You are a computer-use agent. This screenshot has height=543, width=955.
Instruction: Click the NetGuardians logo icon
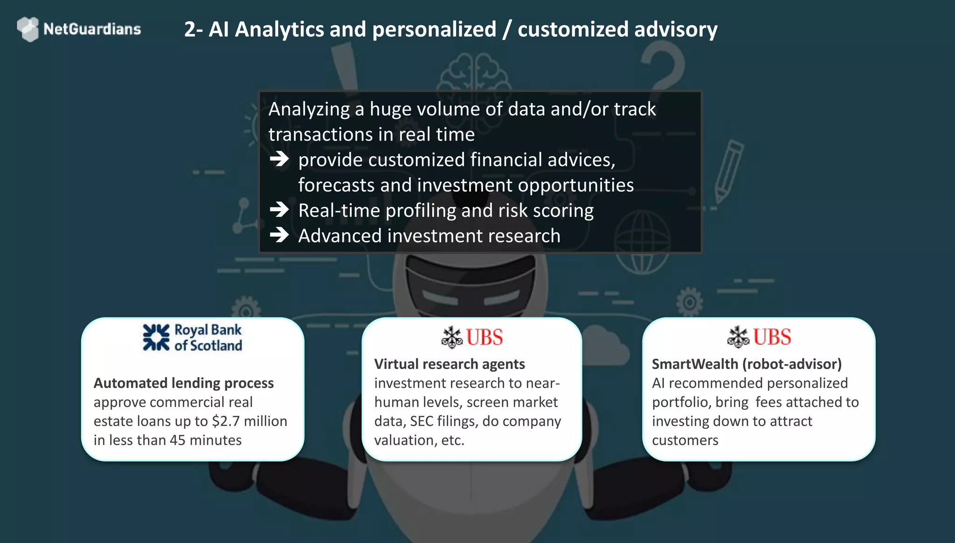pyautogui.click(x=28, y=29)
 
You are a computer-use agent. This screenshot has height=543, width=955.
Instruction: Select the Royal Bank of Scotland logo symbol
pyautogui.click(x=156, y=337)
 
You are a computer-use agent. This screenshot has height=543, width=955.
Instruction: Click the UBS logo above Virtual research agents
pyautogui.click(x=472, y=337)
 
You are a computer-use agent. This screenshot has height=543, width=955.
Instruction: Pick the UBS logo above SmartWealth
pyautogui.click(x=759, y=337)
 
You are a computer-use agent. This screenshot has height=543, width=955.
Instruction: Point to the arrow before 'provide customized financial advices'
pyautogui.click(x=279, y=159)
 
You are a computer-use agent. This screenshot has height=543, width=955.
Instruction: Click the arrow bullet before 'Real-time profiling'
pyautogui.click(x=279, y=210)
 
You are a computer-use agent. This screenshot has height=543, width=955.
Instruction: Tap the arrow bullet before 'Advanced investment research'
pyautogui.click(x=279, y=235)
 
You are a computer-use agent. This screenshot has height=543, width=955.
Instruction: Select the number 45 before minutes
pyautogui.click(x=178, y=440)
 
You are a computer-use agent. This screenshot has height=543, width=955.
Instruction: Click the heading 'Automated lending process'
pyautogui.click(x=184, y=383)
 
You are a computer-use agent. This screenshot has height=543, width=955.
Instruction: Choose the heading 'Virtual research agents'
pyautogui.click(x=450, y=364)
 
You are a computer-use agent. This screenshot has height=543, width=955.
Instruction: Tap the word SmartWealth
pyautogui.click(x=695, y=364)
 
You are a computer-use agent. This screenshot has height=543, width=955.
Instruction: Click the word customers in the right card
pyautogui.click(x=685, y=440)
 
